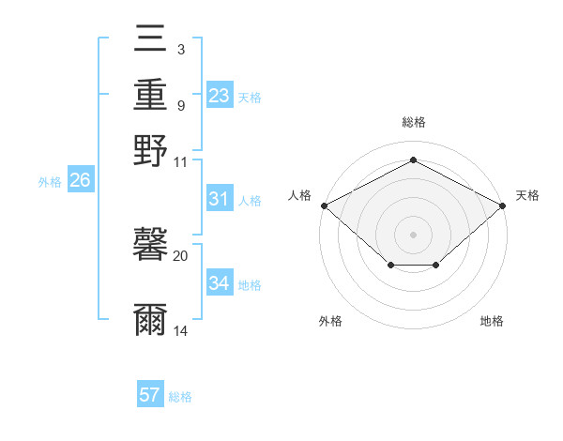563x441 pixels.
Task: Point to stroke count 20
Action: [181, 255]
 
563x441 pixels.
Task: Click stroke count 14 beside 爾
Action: [181, 330]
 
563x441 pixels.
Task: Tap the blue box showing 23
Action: [220, 95]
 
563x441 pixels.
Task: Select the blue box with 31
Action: [220, 199]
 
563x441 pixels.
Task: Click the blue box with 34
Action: [220, 283]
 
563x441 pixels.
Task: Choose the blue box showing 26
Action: [80, 180]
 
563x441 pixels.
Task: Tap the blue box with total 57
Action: [150, 395]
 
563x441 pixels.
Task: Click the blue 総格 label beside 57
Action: [180, 397]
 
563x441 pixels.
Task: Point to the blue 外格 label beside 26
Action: [50, 182]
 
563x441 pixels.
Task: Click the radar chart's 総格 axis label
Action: [413, 123]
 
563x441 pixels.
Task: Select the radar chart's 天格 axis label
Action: [527, 195]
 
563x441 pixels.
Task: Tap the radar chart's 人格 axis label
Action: [300, 195]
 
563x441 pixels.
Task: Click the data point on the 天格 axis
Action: [504, 205]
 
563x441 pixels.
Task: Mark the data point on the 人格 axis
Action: [324, 205]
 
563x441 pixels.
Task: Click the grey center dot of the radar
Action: [413, 234]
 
